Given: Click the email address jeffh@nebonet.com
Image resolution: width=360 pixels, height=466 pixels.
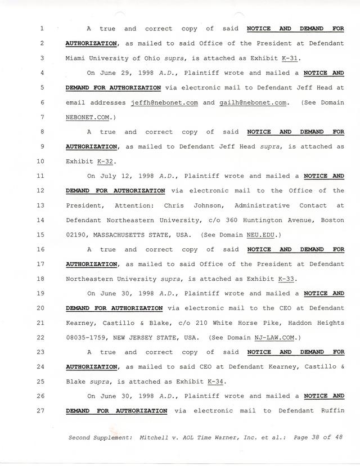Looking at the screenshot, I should (163, 102).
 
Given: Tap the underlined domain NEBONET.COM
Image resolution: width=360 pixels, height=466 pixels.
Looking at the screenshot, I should (89, 116).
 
